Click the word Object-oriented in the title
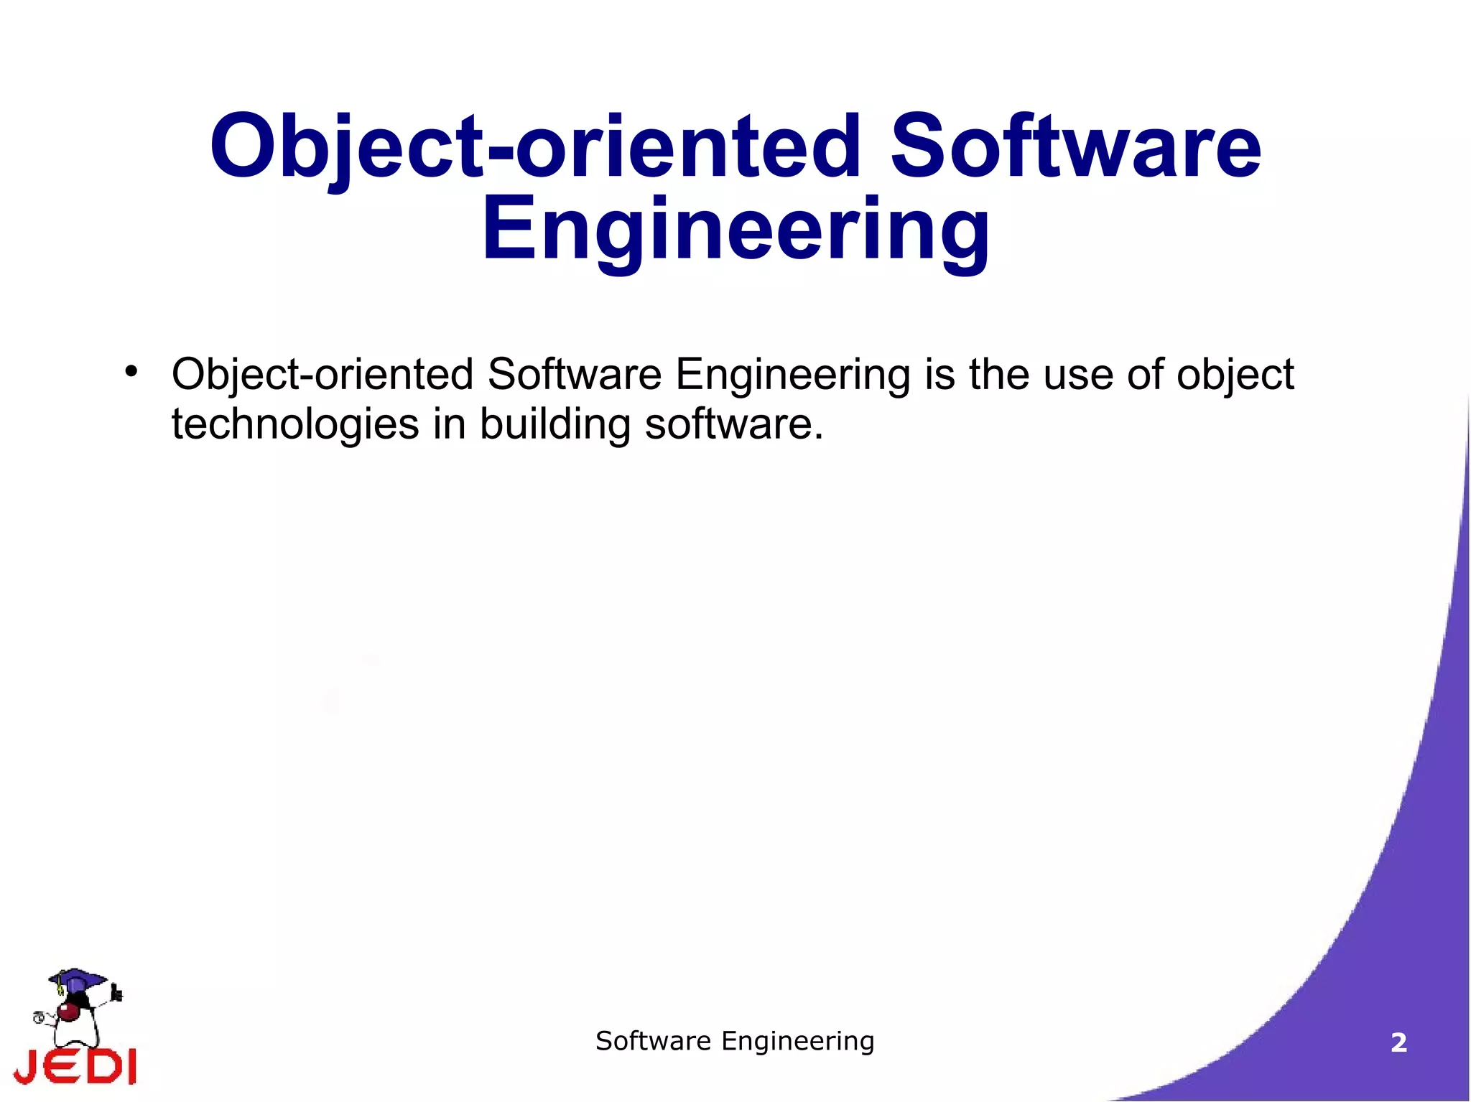tap(534, 147)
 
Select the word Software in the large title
tap(1075, 147)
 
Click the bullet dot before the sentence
tap(131, 371)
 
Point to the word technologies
tap(295, 424)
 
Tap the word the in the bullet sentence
tap(998, 375)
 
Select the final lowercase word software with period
tap(733, 424)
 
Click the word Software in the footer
tap(653, 1041)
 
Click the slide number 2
tap(1398, 1042)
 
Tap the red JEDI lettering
tap(75, 1066)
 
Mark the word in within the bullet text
tap(450, 424)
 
